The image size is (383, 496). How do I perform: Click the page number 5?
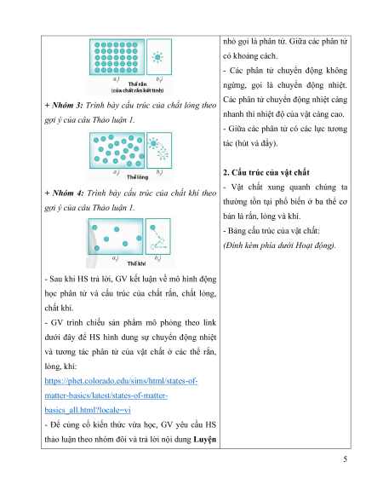pos(345,459)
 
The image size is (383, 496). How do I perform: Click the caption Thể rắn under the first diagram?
pos(137,84)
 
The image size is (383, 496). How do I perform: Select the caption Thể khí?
pos(136,263)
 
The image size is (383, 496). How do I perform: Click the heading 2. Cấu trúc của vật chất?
pos(266,173)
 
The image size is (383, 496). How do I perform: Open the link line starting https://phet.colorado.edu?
pos(121,381)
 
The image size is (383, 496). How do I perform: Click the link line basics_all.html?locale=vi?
pos(88,410)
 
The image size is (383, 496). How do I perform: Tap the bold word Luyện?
pos(205,440)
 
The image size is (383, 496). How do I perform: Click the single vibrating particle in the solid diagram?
pos(157,57)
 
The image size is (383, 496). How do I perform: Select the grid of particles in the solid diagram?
pos(117,57)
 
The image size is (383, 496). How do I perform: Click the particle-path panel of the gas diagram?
pos(157,236)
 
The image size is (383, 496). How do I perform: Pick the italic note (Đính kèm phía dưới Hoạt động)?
pos(279,245)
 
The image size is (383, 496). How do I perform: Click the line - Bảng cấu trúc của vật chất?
pos(272,231)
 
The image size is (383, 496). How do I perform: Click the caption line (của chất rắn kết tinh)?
pos(138,90)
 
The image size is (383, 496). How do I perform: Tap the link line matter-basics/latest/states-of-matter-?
pos(106,395)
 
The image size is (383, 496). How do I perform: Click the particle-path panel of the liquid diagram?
pos(159,150)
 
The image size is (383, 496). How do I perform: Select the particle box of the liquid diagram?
pos(117,150)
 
